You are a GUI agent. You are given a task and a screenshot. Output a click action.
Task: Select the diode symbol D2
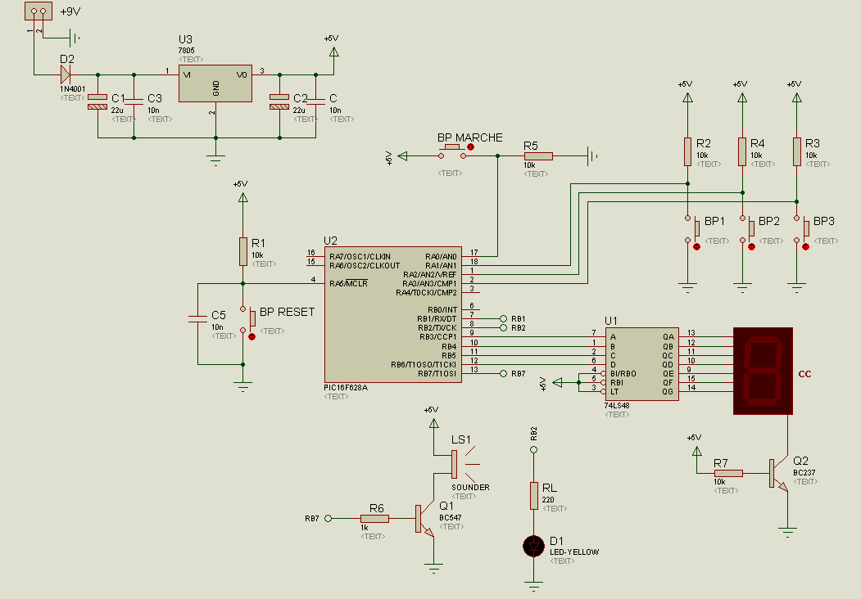(66, 73)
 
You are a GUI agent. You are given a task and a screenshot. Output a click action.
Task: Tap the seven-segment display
(764, 371)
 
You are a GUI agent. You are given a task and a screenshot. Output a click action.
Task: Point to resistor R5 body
(538, 155)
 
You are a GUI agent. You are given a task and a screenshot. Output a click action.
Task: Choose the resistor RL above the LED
(534, 495)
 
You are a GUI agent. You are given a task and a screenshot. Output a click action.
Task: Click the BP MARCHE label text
(469, 137)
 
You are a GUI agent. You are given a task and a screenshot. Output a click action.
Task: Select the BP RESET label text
(287, 312)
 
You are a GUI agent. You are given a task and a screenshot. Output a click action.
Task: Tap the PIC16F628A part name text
(346, 387)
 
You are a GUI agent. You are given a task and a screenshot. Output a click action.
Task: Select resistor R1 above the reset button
(242, 251)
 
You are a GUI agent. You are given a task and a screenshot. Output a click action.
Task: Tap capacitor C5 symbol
(197, 320)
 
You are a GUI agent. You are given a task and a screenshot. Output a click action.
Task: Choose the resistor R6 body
(374, 518)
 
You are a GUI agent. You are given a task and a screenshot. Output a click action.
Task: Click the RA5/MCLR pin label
(347, 283)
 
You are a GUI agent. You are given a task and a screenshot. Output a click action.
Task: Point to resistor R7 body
(728, 473)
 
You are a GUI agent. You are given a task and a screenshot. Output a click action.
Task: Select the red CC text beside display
(804, 374)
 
